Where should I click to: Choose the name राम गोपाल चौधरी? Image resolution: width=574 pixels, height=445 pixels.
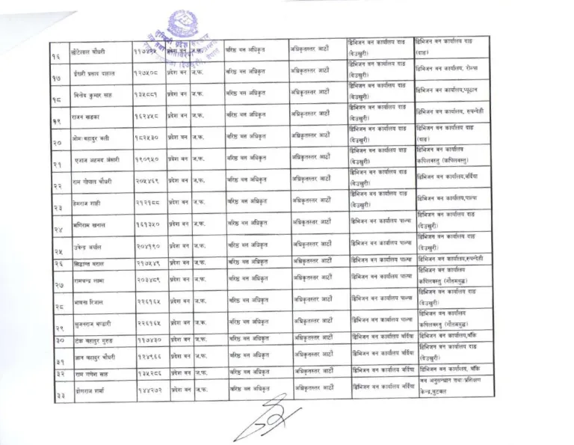(94, 182)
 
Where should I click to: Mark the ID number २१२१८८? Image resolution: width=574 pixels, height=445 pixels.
(146, 202)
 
